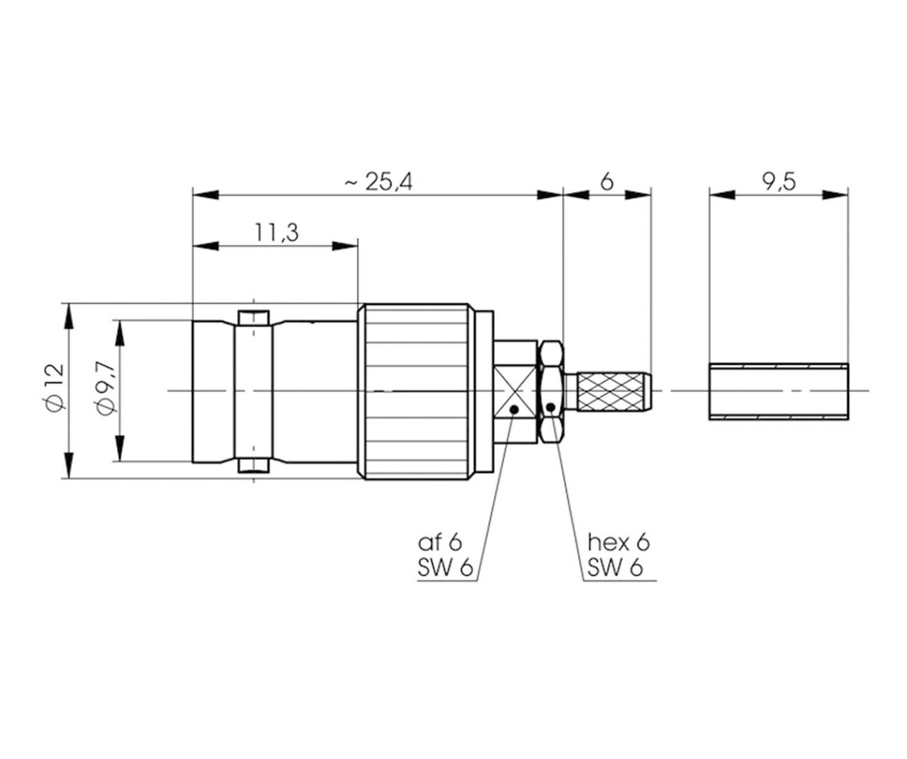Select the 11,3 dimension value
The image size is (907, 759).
click(x=275, y=232)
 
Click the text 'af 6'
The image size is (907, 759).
click(x=440, y=542)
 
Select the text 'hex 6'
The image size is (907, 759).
click(x=618, y=542)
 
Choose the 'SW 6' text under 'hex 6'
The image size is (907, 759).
click(x=615, y=567)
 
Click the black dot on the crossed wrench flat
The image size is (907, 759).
click(x=514, y=409)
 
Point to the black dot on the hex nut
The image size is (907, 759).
click(x=552, y=407)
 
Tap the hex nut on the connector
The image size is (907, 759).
click(x=551, y=391)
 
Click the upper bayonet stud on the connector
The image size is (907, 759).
click(x=254, y=318)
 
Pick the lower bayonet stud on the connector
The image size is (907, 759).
click(x=254, y=465)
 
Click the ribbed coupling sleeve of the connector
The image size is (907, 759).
click(x=414, y=391)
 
